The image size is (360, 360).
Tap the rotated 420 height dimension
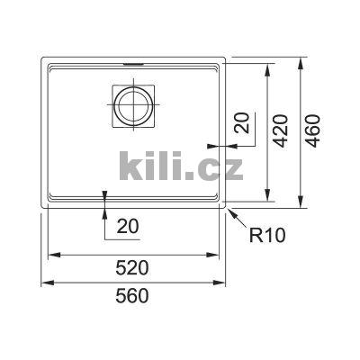pyautogui.click(x=280, y=131)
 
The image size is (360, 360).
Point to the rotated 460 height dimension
pyautogui.click(x=312, y=131)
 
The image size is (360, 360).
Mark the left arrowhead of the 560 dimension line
pyautogui.click(x=45, y=283)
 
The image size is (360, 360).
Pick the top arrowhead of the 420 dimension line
pyautogui.click(x=267, y=69)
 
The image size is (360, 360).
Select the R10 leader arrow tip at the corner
pyautogui.click(x=229, y=211)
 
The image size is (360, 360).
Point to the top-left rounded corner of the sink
pyautogui.click(x=43, y=60)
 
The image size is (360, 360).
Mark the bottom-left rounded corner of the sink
pyautogui.click(x=43, y=211)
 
